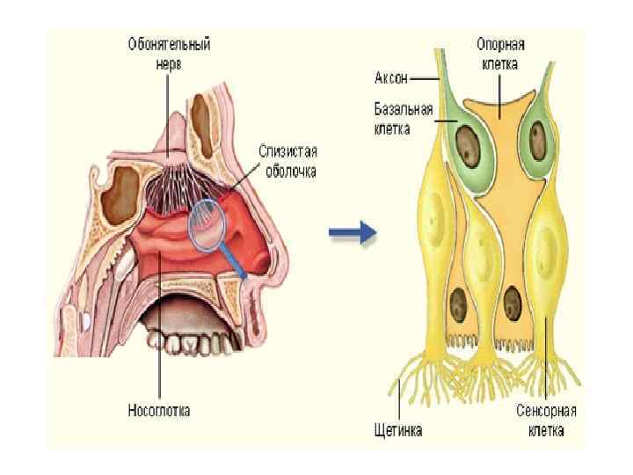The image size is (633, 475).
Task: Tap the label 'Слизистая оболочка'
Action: click(287, 160)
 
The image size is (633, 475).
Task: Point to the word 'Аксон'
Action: click(392, 78)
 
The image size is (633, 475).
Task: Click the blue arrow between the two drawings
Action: click(353, 233)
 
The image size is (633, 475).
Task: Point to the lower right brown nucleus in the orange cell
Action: click(512, 304)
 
